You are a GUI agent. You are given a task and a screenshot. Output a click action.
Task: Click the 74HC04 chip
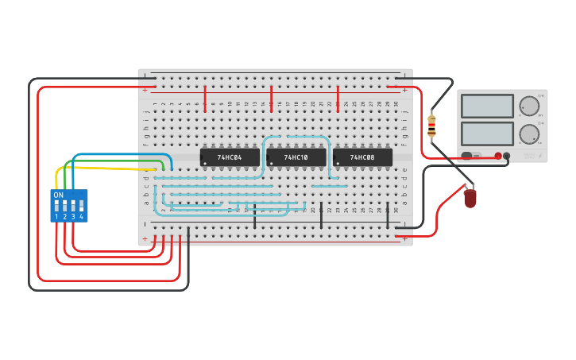(x=230, y=157)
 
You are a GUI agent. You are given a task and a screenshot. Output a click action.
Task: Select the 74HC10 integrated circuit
(x=296, y=157)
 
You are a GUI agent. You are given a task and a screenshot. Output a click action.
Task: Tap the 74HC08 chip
(x=362, y=157)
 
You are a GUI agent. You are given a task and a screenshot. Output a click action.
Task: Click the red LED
(x=470, y=197)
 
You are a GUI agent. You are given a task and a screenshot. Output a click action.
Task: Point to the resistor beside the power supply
(x=431, y=126)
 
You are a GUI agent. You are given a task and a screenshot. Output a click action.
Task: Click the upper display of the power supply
(x=487, y=106)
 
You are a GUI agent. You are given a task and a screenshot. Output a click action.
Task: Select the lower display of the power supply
(x=487, y=133)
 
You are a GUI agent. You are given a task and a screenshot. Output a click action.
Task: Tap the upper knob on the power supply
(x=529, y=106)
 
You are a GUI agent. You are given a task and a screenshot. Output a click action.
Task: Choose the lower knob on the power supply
(x=529, y=134)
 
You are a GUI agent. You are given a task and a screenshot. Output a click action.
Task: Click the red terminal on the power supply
(x=498, y=156)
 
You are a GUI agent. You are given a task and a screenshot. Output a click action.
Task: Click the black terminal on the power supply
(x=507, y=156)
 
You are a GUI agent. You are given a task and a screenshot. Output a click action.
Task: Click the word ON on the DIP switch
(x=58, y=195)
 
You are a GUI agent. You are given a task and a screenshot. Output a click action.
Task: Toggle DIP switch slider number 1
(x=56, y=206)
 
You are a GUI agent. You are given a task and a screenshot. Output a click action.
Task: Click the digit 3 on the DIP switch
(x=73, y=217)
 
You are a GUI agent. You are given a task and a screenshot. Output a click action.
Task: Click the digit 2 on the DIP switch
(x=64, y=217)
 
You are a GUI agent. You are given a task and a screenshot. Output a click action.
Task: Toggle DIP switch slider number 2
(x=64, y=206)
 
